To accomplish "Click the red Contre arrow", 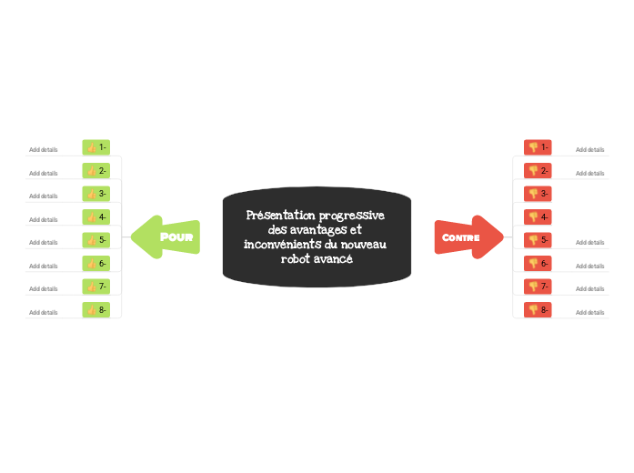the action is click(x=467, y=237).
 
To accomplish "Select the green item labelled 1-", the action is click(x=96, y=147).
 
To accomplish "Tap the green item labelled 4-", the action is click(x=96, y=217).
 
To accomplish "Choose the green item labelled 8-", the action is click(x=96, y=310).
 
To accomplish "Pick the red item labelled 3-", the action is click(x=538, y=194).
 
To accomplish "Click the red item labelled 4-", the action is click(x=538, y=217).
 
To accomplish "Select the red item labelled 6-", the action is click(x=538, y=264).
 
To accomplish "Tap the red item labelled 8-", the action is click(x=538, y=310).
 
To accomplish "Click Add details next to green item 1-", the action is click(x=43, y=149).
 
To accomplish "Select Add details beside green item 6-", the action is click(x=43, y=266).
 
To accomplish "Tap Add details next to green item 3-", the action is click(x=43, y=196).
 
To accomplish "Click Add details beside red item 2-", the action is click(x=589, y=173).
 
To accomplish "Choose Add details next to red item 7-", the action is click(x=589, y=288).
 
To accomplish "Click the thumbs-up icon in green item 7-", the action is click(x=92, y=287).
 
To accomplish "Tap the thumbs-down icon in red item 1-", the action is click(x=533, y=147).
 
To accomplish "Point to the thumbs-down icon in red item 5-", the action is click(x=533, y=240).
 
